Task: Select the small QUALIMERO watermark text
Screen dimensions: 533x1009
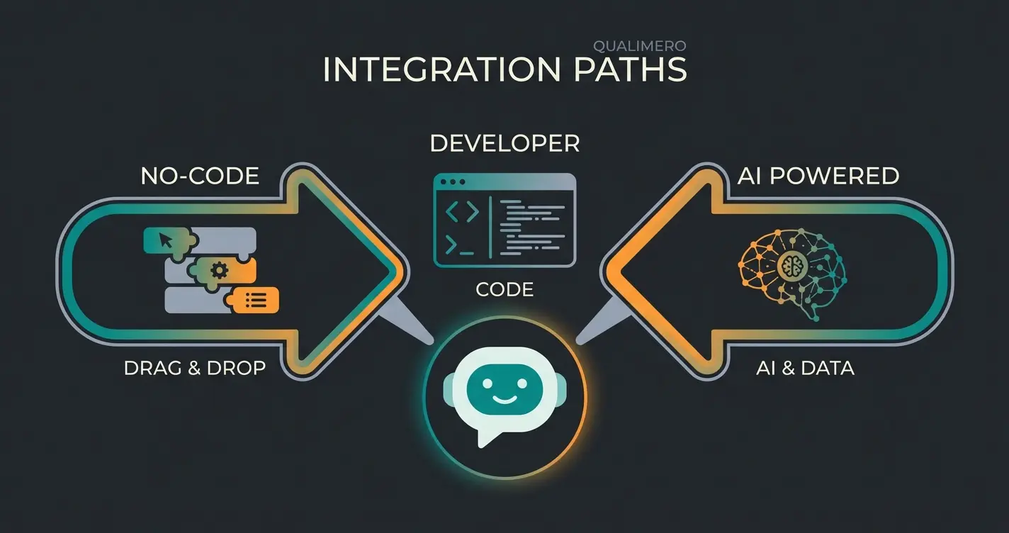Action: click(638, 45)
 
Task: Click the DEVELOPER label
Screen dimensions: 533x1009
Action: click(504, 144)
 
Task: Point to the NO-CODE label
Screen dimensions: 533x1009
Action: click(200, 176)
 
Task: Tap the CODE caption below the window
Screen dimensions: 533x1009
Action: click(504, 289)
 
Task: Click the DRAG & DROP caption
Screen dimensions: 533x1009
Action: click(194, 369)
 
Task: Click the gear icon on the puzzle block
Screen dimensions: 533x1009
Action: click(220, 270)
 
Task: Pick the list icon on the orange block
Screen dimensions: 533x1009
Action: click(255, 301)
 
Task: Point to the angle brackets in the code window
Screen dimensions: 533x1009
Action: click(461, 213)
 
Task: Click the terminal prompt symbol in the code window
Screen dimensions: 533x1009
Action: click(458, 246)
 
